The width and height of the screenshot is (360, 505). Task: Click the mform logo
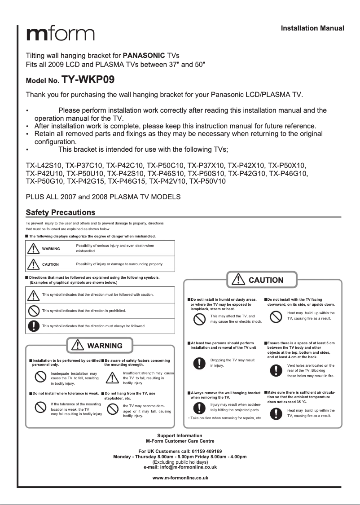60,34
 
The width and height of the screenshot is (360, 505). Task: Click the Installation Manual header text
312,28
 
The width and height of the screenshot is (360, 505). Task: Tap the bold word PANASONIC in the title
144,56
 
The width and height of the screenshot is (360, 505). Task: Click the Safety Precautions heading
61,212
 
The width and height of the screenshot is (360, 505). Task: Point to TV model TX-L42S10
44,165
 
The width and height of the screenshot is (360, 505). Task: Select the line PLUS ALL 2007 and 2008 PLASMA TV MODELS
103,197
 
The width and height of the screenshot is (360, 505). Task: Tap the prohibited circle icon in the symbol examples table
33,311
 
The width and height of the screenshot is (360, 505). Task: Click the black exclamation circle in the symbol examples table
33,326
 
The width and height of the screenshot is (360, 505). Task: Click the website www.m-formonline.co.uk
180,478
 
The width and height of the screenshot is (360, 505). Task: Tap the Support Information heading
180,435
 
